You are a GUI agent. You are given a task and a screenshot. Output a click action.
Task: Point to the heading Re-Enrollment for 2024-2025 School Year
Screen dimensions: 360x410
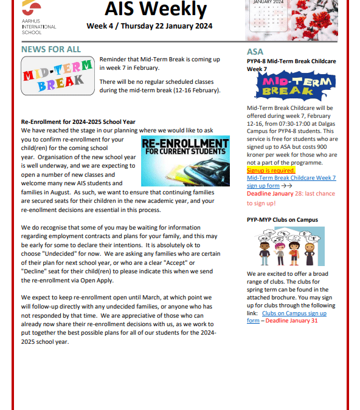[x=78, y=121]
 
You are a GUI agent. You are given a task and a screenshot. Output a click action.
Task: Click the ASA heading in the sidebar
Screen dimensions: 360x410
[x=255, y=52]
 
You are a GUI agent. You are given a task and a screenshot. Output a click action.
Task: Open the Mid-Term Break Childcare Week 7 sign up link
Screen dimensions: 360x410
[x=291, y=182]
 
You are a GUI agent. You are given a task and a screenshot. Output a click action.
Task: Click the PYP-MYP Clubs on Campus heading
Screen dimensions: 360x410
[x=282, y=220]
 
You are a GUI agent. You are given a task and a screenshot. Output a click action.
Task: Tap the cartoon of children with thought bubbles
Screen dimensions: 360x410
[x=282, y=248]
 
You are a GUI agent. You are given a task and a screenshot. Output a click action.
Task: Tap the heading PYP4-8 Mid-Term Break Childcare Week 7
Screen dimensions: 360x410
[x=291, y=65]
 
